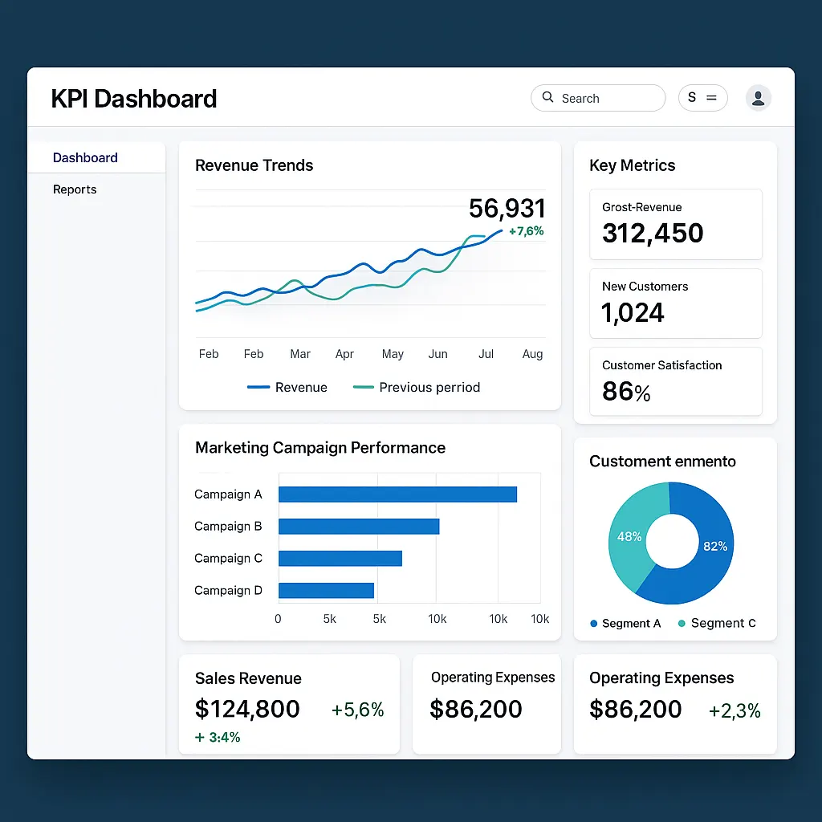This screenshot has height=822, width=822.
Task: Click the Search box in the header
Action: click(598, 98)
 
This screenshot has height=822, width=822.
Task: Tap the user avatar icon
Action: click(758, 98)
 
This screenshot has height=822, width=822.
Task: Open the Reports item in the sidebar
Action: click(75, 189)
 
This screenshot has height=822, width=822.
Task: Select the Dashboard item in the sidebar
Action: click(85, 158)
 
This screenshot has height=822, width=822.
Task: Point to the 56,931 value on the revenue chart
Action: click(507, 209)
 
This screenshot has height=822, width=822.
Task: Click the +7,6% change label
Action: click(526, 231)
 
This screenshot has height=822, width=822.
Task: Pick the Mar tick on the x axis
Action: click(300, 354)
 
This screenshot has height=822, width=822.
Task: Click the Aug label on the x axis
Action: click(532, 354)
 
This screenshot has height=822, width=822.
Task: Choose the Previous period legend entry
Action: click(417, 388)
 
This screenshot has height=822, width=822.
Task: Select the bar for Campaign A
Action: click(397, 494)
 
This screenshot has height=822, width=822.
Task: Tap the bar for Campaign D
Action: click(326, 591)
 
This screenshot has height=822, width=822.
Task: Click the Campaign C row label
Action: click(228, 559)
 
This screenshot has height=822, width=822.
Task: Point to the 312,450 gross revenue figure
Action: click(653, 234)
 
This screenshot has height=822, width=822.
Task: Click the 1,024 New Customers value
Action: click(633, 312)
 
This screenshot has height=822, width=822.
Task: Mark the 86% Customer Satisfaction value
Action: click(626, 392)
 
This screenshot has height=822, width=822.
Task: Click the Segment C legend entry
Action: click(716, 624)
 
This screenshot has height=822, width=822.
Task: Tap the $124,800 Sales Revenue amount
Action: click(247, 709)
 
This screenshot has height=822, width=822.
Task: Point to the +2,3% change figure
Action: click(735, 710)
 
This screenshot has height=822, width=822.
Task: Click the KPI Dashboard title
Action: click(134, 99)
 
